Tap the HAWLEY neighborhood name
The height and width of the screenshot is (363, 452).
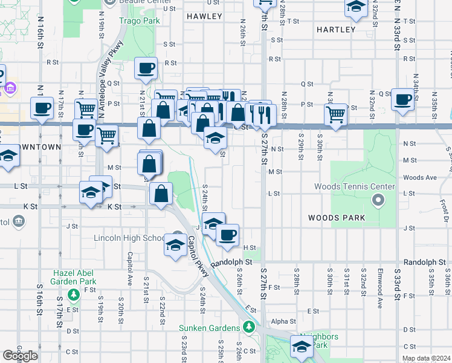pos(204,16)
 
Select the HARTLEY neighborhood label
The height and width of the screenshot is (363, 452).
pos(336,29)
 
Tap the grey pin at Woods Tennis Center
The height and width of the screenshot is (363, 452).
pos(379,199)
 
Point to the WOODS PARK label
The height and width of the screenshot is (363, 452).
pos(336,217)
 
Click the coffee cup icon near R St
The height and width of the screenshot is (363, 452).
pos(146,68)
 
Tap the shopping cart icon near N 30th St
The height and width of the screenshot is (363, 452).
pos(335,113)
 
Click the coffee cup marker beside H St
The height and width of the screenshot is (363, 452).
pos(227,235)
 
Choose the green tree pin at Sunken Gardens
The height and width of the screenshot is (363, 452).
pos(248,327)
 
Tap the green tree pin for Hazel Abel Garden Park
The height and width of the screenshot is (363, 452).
pos(73,295)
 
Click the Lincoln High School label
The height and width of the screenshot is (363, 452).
pos(129,238)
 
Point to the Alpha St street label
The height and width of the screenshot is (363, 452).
pos(283,321)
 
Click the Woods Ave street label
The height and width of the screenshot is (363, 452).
pos(420,177)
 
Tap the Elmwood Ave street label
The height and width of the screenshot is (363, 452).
pos(380,284)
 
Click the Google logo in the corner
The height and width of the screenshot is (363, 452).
pos(20,356)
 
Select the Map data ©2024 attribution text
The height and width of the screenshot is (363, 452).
pos(426,358)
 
